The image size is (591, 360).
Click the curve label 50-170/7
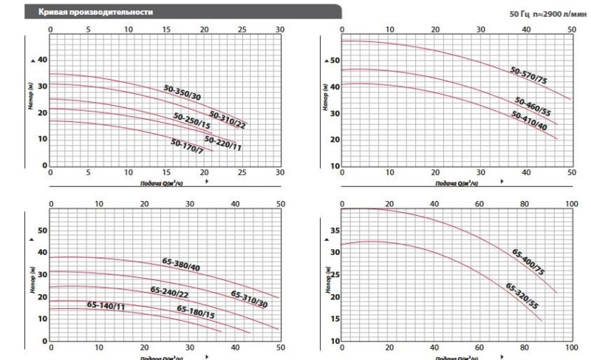coord(187,146)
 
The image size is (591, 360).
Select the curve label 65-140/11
coord(105,305)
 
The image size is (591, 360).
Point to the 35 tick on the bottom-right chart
coord(332,230)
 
